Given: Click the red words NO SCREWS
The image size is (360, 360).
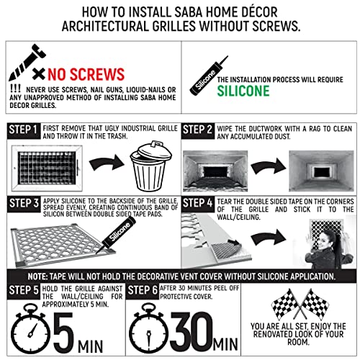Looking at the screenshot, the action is pos(86,74).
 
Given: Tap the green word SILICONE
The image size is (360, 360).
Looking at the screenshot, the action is pos(243,91).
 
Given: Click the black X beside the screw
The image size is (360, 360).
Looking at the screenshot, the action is pos(39,73).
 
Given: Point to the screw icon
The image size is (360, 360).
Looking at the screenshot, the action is pos(27,62).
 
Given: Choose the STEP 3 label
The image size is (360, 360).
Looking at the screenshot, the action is pos(24,203).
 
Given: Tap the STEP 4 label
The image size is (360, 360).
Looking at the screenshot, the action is pos(198,203).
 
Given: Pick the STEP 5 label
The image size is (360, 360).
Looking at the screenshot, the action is pos(24,290).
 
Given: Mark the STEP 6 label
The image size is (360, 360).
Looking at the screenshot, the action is pos(143,290).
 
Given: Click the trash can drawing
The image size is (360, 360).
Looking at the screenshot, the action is pos(151,166).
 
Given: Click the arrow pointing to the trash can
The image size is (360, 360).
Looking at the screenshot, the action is pos(107,163).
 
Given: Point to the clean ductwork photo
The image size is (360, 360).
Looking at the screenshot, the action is pos(321,171).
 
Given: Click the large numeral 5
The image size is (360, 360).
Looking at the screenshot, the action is pos(63,333).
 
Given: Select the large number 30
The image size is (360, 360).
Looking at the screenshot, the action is pos(192,332).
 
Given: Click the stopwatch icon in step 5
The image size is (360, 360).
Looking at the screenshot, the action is pos(30,329).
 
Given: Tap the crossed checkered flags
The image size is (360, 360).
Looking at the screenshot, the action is pos(300,304).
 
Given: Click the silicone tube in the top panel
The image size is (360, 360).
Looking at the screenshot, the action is pos(209,76).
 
